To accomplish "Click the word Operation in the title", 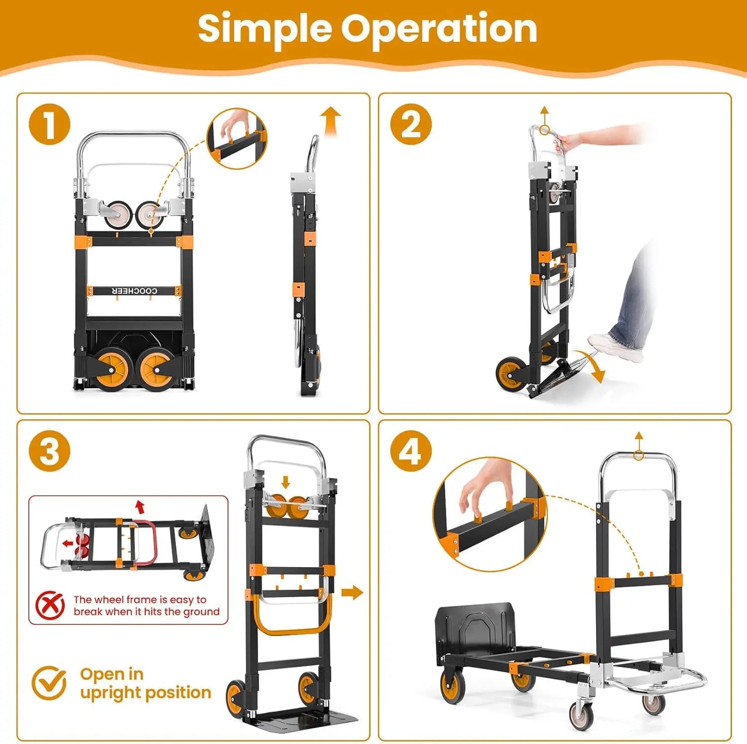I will [439, 29].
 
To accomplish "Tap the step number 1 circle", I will [50, 124].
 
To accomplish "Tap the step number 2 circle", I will [410, 124].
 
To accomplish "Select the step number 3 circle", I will [50, 451].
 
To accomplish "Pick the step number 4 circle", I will [410, 451].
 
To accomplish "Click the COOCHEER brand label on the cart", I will [134, 291].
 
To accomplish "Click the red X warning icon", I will [50, 605].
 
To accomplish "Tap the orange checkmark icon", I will [49, 682].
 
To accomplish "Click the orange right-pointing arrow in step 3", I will [353, 593].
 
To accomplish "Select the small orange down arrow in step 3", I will [285, 482].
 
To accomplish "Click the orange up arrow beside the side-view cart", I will [330, 120].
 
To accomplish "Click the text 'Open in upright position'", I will [145, 683].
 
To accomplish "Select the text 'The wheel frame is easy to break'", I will [146, 605].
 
